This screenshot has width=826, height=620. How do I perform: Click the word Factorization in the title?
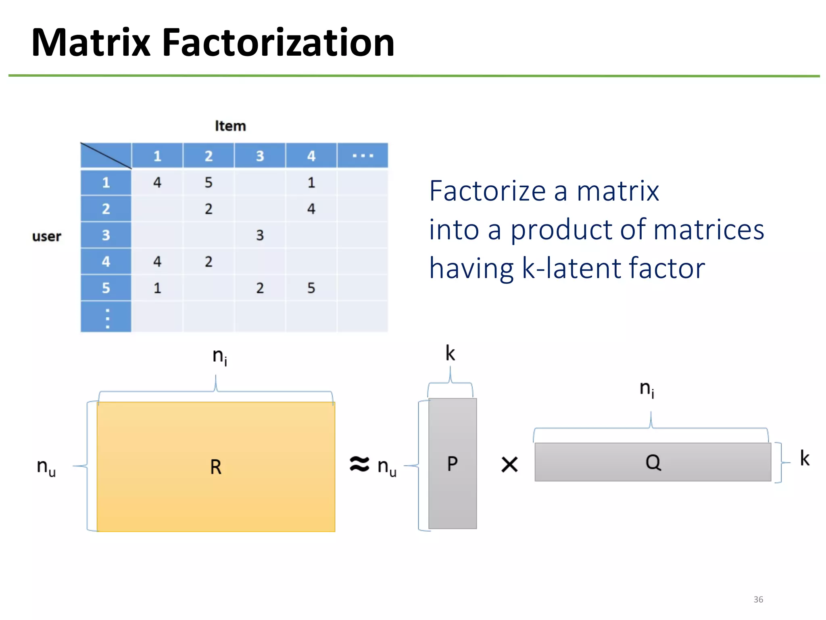[x=278, y=42]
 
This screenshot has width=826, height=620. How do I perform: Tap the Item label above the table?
[x=230, y=126]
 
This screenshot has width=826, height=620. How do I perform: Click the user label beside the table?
[x=46, y=236]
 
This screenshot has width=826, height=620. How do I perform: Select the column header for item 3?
[x=260, y=156]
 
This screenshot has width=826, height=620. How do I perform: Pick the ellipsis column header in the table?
[x=363, y=155]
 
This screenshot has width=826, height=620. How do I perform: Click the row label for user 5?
[x=106, y=288]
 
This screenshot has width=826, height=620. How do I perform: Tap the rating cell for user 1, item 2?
[x=208, y=182]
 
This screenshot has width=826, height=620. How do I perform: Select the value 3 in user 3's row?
[x=260, y=235]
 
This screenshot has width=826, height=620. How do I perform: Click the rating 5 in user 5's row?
[x=311, y=288]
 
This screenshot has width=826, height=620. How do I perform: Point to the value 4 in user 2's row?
[x=311, y=209]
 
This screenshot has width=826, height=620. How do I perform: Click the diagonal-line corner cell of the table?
[x=106, y=155]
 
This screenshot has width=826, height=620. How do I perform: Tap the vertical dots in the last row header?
[x=107, y=318]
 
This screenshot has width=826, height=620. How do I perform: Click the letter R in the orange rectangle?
[x=216, y=467]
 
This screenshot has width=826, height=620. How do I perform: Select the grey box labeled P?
[x=452, y=463]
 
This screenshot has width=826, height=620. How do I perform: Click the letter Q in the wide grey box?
[x=653, y=462]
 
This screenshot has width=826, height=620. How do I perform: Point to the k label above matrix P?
[x=450, y=354]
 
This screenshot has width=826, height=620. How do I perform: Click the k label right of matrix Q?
[x=805, y=459]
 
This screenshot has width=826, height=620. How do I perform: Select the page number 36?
[x=758, y=599]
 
